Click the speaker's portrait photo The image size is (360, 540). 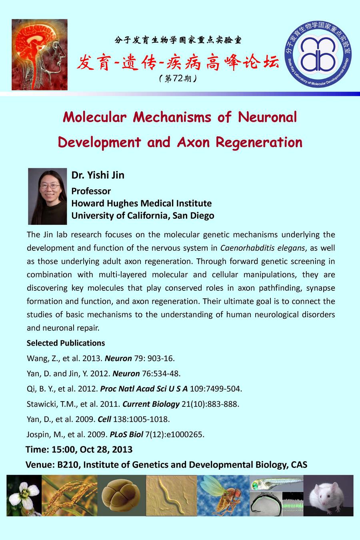tap(47, 196)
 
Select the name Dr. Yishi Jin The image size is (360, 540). tap(98, 175)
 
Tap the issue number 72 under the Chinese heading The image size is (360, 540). tap(177, 78)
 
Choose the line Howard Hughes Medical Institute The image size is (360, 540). tap(141, 203)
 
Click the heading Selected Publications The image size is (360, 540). tap(66, 343)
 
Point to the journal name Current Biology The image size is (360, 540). tap(151, 404)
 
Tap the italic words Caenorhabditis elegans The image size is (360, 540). tap(262, 248)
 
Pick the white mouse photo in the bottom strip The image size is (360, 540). tap(328, 495)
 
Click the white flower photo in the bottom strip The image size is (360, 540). tap(24, 495)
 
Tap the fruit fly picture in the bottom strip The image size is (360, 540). tap(223, 495)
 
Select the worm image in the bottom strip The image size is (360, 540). tap(172, 495)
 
